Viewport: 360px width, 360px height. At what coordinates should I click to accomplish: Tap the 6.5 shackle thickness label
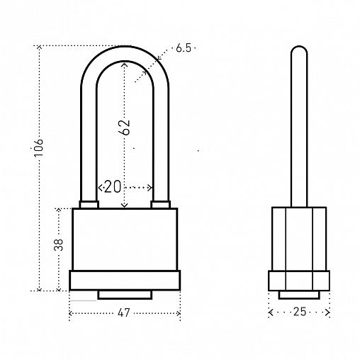(x=184, y=48)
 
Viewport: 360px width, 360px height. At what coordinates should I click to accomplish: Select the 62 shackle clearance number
(x=125, y=128)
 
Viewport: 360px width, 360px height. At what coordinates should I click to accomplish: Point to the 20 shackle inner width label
(x=113, y=187)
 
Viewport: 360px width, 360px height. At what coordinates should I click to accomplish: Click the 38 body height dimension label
(x=59, y=244)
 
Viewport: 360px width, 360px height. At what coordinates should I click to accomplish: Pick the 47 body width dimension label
(x=124, y=313)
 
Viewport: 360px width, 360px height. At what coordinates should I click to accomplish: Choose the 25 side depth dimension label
(x=300, y=312)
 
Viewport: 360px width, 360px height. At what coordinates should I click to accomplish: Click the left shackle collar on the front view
(x=89, y=205)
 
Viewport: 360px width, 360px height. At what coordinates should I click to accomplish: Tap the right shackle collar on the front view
(x=161, y=205)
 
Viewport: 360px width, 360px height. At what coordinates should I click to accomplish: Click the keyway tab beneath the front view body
(x=125, y=295)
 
